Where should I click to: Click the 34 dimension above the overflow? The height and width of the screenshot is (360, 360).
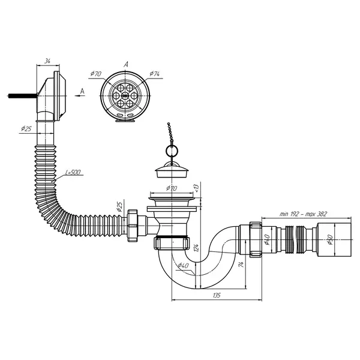pyautogui.click(x=47, y=61)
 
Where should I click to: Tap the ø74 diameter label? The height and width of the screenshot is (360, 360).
pyautogui.click(x=155, y=74)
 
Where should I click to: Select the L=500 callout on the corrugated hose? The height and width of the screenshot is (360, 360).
pyautogui.click(x=73, y=172)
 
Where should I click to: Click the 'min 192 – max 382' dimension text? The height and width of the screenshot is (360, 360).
pyautogui.click(x=303, y=214)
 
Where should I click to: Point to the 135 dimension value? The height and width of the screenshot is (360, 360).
pyautogui.click(x=217, y=295)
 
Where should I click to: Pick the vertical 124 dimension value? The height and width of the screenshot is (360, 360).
pyautogui.click(x=196, y=248)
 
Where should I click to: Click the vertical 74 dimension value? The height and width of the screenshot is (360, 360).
pyautogui.click(x=241, y=265)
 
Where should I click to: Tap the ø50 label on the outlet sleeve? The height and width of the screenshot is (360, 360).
pyautogui.click(x=331, y=239)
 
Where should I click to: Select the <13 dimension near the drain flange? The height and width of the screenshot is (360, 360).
pyautogui.click(x=196, y=188)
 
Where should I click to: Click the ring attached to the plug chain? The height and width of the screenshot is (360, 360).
pyautogui.click(x=172, y=151)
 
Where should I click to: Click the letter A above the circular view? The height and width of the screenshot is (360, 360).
pyautogui.click(x=126, y=64)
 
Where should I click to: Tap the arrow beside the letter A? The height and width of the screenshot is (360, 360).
pyautogui.click(x=79, y=95)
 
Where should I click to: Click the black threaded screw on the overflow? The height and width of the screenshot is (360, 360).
pyautogui.click(x=23, y=95)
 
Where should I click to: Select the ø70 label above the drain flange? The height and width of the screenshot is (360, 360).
pyautogui.click(x=172, y=188)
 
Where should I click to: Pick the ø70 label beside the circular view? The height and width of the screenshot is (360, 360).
pyautogui.click(x=96, y=74)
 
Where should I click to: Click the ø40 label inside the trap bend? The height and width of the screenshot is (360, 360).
pyautogui.click(x=183, y=266)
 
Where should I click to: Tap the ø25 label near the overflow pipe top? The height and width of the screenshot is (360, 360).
pyautogui.click(x=26, y=129)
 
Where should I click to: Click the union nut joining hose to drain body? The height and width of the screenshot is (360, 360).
pyautogui.click(x=132, y=225)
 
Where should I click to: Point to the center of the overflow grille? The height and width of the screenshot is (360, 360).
pyautogui.click(x=125, y=95)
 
